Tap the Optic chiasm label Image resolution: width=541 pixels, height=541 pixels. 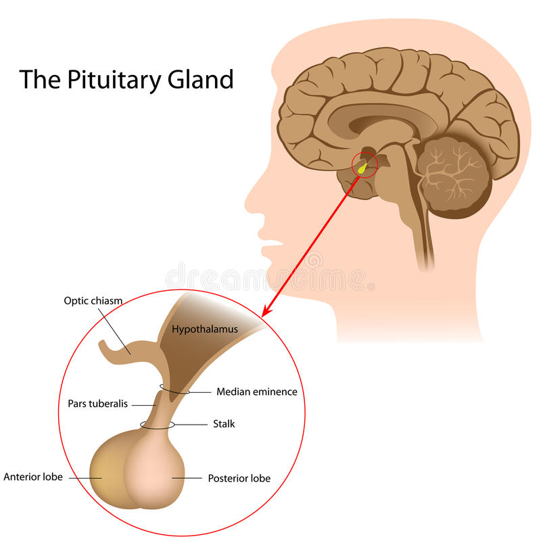click(93, 300)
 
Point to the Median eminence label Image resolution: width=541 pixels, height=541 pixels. click(256, 392)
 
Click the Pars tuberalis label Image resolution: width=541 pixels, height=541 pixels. click(97, 404)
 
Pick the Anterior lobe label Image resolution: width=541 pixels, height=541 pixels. click(33, 477)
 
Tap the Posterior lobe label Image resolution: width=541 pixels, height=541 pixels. click(239, 478)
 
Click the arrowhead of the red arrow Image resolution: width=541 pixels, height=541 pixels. click(266, 312)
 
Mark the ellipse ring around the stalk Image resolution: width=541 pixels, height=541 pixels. click(157, 425)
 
